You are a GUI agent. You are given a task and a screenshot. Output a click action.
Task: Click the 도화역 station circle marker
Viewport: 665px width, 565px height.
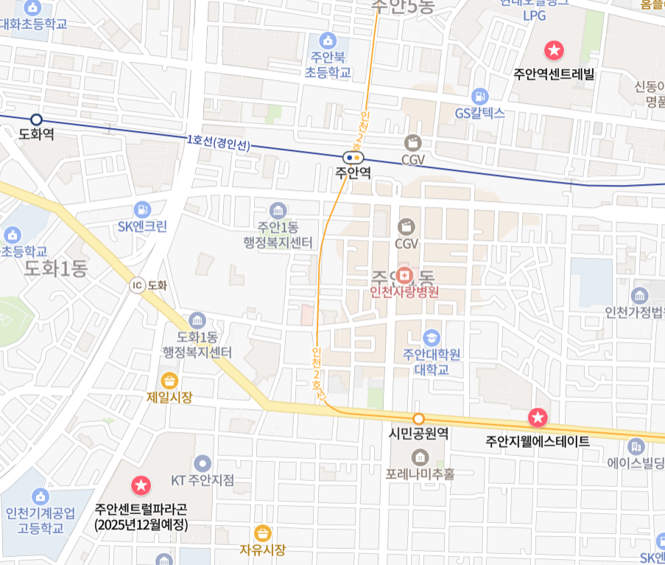point(36,119)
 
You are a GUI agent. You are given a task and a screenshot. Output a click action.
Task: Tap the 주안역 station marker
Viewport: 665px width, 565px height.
point(353,156)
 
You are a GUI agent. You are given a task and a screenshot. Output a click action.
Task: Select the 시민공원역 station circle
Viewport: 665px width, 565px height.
point(418,418)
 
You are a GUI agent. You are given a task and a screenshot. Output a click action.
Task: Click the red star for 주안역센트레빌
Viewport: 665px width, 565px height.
point(553,51)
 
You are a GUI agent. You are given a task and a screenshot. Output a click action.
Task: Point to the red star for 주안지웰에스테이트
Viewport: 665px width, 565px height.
point(538,418)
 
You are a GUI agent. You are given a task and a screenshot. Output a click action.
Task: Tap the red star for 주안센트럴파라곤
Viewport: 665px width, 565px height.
point(140,485)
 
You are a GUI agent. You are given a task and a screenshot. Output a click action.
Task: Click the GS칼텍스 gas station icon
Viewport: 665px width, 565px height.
point(480,96)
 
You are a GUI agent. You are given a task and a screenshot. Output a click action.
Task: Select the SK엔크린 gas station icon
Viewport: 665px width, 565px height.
point(142,209)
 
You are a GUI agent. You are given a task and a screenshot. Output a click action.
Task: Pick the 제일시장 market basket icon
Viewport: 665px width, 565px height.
point(169,380)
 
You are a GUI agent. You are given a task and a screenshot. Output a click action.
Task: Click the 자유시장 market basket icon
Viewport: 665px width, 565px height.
point(262,533)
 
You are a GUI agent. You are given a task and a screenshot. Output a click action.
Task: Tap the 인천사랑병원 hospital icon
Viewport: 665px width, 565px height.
point(404,276)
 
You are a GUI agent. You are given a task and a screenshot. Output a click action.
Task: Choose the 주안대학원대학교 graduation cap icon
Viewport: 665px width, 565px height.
point(432,337)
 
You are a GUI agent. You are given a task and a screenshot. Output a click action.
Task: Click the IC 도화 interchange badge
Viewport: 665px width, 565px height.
point(137,286)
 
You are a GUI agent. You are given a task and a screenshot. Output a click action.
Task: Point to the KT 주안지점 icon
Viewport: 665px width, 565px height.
point(203,463)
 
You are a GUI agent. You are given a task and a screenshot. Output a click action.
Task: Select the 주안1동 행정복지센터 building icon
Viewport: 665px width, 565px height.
point(278,210)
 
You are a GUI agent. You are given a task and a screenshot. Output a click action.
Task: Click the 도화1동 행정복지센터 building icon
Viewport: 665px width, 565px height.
point(197,320)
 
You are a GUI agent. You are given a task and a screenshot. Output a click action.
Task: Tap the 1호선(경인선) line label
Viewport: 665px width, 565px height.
point(219,142)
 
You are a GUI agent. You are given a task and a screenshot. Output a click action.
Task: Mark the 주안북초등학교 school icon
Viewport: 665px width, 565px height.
point(328,40)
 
